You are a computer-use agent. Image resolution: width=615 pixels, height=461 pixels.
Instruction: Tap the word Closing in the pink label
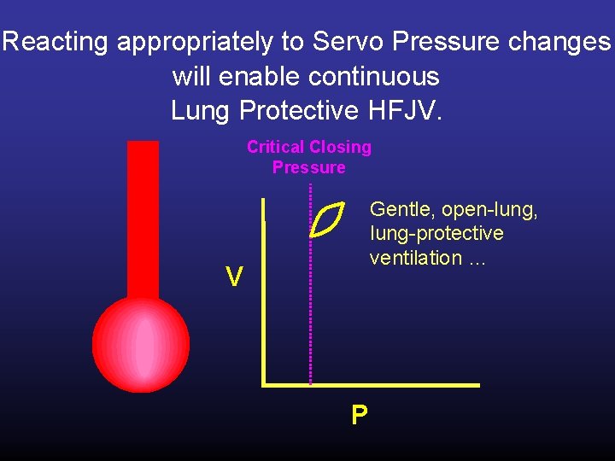[x=343, y=147]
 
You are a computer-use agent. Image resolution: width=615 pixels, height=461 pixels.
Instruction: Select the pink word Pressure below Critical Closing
[x=309, y=167]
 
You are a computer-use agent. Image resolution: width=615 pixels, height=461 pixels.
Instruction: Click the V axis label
[x=233, y=277]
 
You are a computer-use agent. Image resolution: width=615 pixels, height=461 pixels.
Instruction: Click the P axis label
[x=360, y=415]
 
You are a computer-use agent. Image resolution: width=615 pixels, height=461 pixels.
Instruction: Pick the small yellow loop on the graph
[x=327, y=219]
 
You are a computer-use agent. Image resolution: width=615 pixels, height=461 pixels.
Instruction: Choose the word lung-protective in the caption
[x=436, y=233]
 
